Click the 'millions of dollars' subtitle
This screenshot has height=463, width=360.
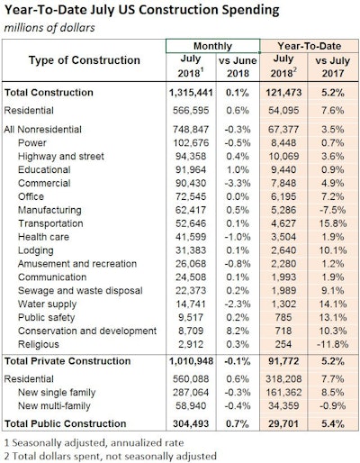click(x=51, y=27)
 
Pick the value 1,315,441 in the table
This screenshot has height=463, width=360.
click(x=190, y=92)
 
